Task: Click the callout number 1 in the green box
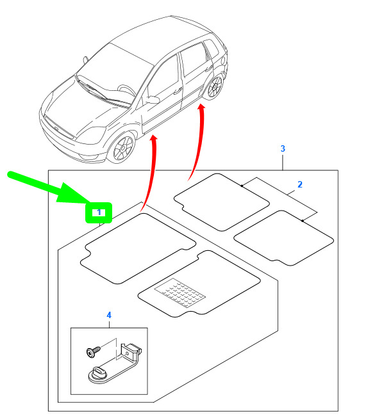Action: [99, 212]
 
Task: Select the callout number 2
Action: [300, 184]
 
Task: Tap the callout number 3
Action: [283, 148]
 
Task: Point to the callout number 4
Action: [109, 315]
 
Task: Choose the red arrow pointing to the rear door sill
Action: [197, 141]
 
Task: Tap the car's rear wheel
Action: [214, 87]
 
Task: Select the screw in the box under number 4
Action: [94, 352]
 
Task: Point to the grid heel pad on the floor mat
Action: [179, 292]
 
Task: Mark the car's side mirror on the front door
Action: [152, 100]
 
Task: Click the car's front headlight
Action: [91, 135]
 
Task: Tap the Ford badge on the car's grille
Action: [56, 129]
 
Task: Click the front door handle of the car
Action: [177, 91]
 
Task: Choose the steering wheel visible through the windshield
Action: [126, 90]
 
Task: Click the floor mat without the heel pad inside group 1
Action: [138, 248]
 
